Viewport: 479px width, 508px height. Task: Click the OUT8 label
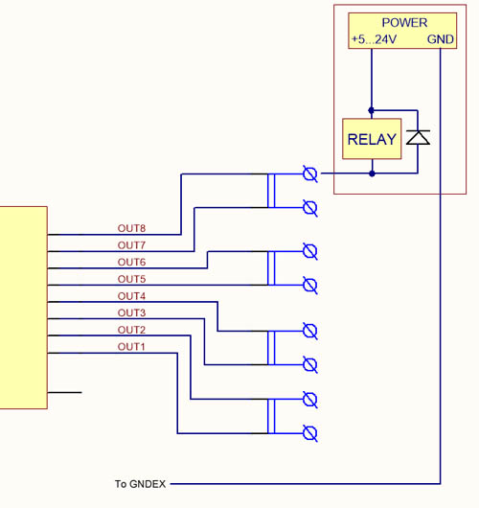pos(131,228)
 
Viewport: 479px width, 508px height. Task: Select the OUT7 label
pos(131,245)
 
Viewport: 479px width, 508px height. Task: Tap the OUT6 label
pos(131,262)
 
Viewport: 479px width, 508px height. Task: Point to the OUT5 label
pos(131,279)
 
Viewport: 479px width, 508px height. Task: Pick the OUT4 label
pos(131,296)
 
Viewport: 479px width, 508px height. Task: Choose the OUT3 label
pos(131,313)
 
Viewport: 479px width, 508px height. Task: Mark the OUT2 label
pos(131,330)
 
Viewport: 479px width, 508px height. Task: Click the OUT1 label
pos(131,347)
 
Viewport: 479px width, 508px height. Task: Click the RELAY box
pos(372,139)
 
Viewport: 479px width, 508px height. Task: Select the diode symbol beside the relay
pos(418,137)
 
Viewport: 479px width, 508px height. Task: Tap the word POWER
pos(404,23)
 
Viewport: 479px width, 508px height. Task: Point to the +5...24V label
pos(374,39)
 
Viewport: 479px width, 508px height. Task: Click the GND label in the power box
pos(440,39)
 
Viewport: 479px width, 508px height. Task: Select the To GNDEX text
pos(140,484)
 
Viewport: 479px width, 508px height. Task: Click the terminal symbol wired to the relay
pos(310,174)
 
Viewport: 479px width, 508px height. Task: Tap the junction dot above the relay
pos(372,110)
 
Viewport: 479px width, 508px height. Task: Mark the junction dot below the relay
pos(372,173)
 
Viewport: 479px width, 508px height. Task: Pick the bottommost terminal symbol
pos(310,433)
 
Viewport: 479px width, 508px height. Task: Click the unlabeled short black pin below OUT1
pos(64,393)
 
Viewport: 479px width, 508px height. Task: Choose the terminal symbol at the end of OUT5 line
pos(310,286)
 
